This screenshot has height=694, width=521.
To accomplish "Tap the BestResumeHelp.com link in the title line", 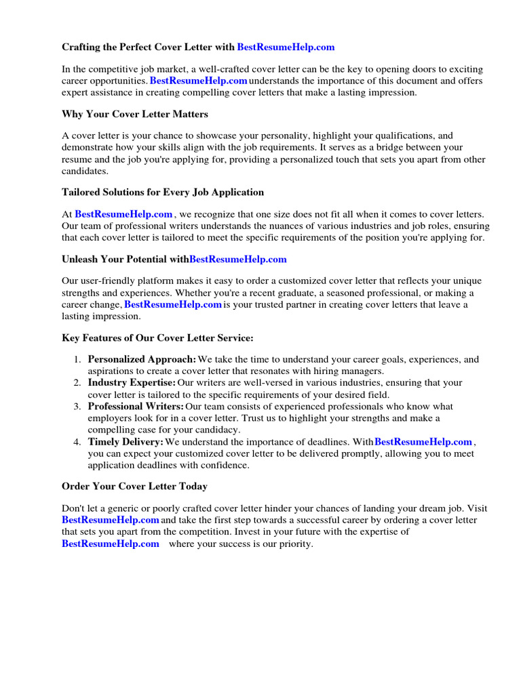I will [x=286, y=47].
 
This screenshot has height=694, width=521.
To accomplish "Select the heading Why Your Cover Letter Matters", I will [x=135, y=114].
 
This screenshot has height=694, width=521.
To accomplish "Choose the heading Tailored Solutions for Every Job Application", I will [x=163, y=192].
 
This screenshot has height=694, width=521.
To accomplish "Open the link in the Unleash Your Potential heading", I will [x=238, y=259].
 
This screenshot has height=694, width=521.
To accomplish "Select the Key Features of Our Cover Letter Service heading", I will [x=157, y=338].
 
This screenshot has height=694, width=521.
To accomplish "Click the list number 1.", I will [x=77, y=360].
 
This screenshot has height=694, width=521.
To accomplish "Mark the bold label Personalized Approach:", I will [x=142, y=360].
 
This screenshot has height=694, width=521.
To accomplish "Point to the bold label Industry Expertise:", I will [x=132, y=383].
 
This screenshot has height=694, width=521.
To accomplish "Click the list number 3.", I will [x=77, y=407].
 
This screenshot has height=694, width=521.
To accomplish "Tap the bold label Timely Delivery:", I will [x=126, y=442].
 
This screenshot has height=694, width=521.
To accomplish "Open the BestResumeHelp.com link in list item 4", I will [x=423, y=442].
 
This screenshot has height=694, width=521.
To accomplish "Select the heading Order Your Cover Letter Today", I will [x=134, y=487].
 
